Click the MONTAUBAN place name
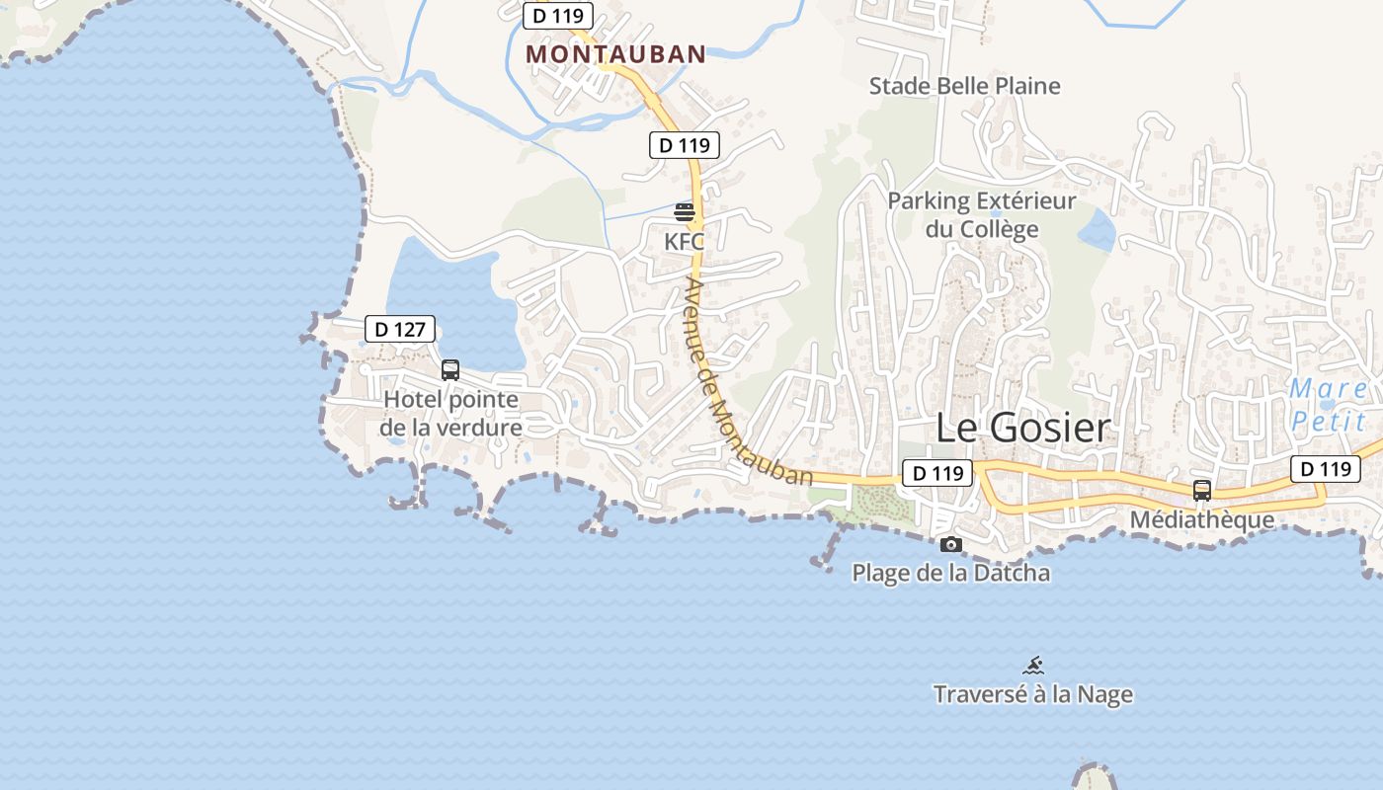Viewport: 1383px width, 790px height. [x=615, y=54]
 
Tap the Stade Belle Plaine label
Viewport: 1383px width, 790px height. [x=964, y=86]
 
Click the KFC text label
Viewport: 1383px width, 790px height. [x=685, y=241]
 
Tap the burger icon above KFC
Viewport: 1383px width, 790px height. [x=685, y=212]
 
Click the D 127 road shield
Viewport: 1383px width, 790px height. [x=400, y=329]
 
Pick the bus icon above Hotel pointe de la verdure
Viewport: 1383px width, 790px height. [x=450, y=370]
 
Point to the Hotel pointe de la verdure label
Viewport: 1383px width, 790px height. [x=450, y=414]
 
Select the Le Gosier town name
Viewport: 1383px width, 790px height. [x=1022, y=429]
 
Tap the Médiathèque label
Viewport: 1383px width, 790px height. [x=1201, y=519]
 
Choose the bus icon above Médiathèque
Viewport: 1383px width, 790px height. [x=1202, y=490]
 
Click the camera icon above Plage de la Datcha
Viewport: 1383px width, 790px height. [x=950, y=544]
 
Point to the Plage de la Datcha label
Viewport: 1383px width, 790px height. [x=950, y=573]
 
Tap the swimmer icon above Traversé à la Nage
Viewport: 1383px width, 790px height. [x=1033, y=666]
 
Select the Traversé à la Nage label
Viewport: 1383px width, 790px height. [x=1033, y=694]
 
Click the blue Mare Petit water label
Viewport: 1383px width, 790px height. [x=1329, y=405]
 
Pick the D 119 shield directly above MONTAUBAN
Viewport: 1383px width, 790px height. [x=558, y=16]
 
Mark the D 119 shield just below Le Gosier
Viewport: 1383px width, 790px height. [x=937, y=473]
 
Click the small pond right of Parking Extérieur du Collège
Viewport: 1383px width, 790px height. [x=1097, y=230]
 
